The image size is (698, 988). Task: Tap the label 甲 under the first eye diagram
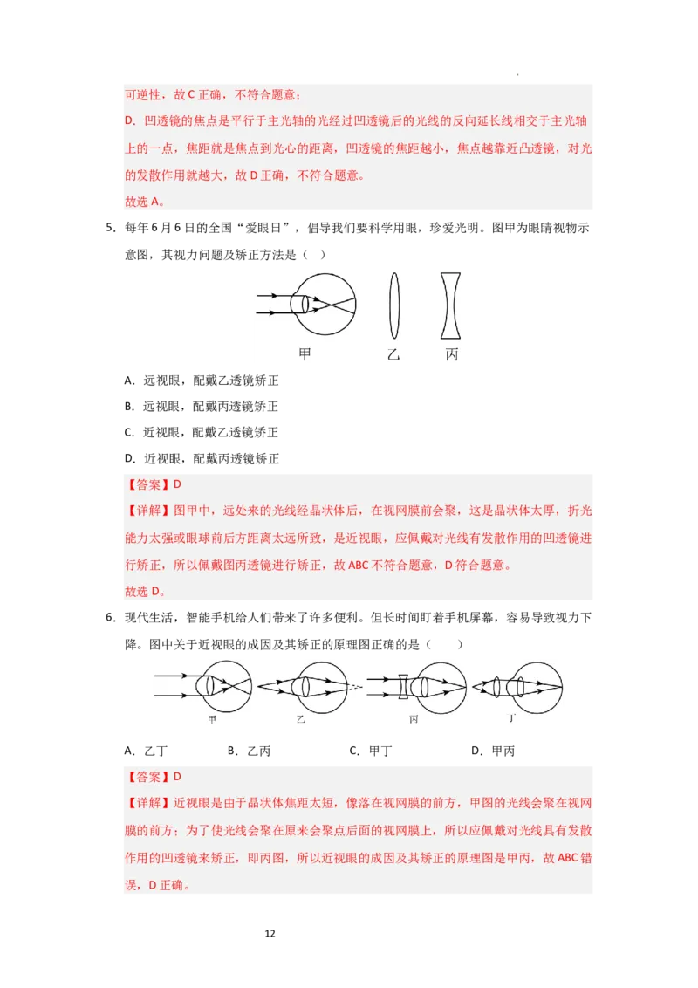305,354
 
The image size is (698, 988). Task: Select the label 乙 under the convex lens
394,354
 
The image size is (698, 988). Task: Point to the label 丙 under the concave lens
451,354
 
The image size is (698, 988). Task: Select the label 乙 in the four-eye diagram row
301,720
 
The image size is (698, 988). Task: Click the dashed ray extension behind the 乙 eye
354,687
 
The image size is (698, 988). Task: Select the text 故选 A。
144,202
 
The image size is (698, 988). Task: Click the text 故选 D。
144,591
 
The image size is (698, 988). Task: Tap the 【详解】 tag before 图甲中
145,511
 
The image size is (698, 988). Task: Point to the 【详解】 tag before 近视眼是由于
145,803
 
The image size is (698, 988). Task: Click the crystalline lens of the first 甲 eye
300,304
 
